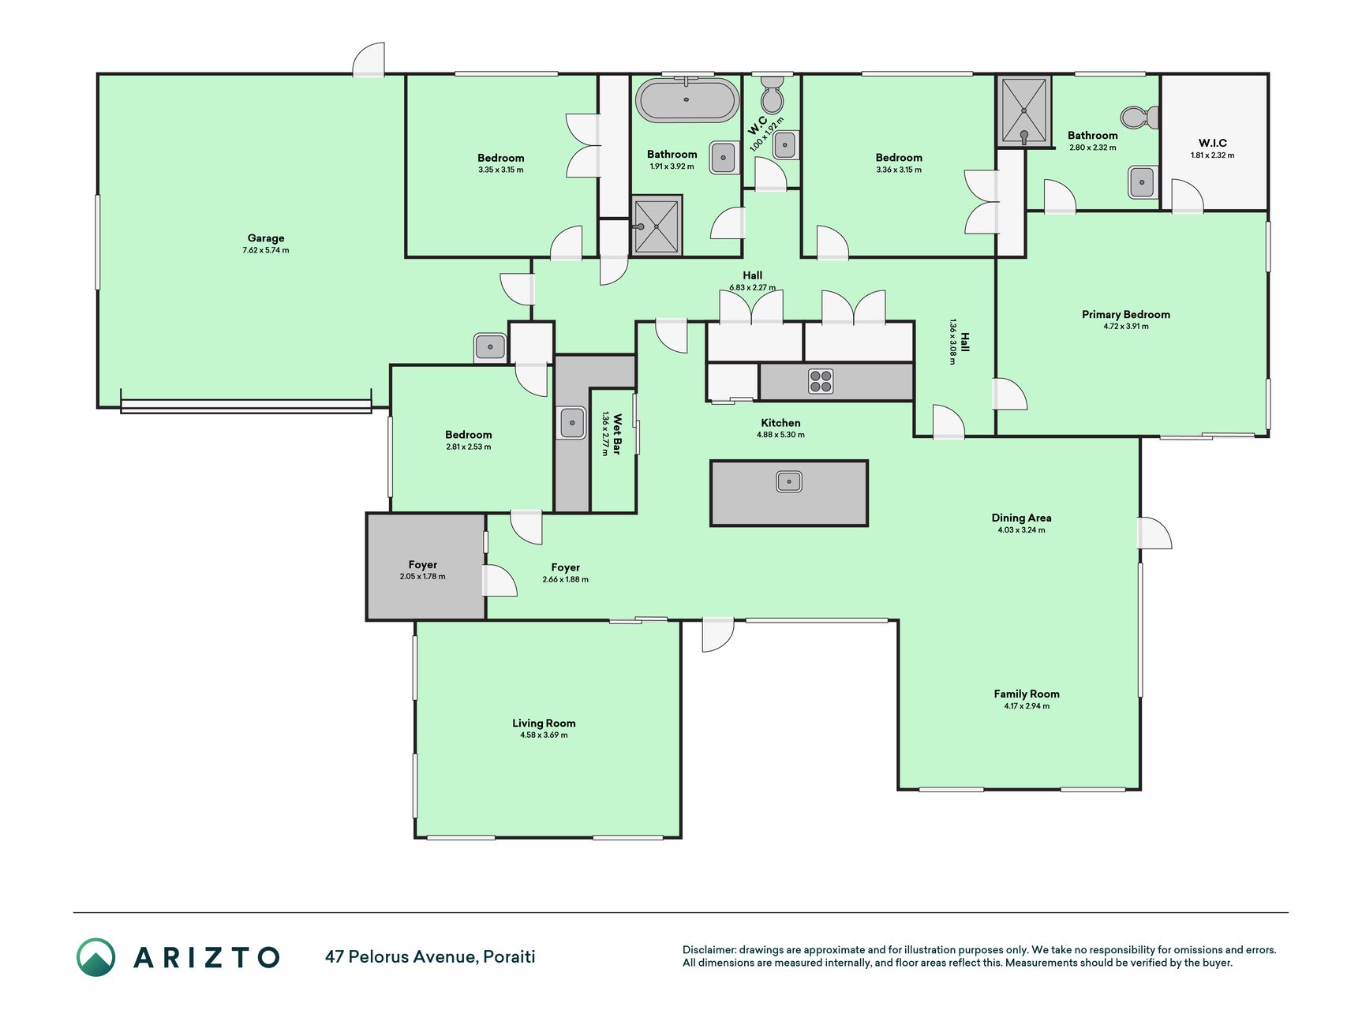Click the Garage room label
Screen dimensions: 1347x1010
[266, 238]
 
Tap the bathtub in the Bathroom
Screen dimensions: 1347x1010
[687, 99]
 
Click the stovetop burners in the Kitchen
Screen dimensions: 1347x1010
[821, 381]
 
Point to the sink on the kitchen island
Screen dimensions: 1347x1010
[789, 481]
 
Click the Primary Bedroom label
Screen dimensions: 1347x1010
[1126, 314]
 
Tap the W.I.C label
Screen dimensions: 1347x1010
[1213, 143]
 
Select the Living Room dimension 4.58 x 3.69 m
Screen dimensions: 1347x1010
[544, 735]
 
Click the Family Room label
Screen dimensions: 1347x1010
[1027, 694]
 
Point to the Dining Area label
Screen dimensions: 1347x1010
[1022, 518]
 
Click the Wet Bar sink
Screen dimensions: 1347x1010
[572, 422]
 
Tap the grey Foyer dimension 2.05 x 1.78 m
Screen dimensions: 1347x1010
[423, 577]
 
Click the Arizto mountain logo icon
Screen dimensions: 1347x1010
[95, 957]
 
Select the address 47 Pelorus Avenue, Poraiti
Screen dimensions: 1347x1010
[430, 957]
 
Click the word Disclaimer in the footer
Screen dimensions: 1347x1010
[709, 950]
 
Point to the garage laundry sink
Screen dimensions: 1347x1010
[490, 346]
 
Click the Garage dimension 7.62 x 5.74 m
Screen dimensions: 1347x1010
[266, 251]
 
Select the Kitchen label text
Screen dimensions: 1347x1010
[781, 423]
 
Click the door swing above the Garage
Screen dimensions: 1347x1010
[369, 60]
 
